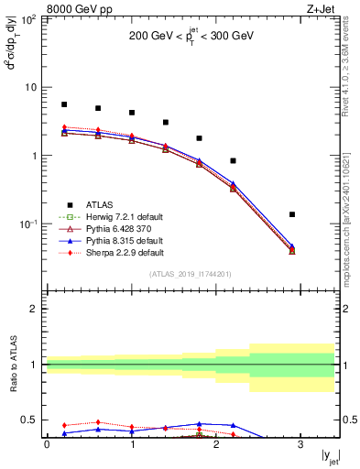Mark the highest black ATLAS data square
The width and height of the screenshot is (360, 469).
[64, 104]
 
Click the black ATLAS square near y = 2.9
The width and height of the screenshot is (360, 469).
[292, 214]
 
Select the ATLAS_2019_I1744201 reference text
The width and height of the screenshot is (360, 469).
[191, 274]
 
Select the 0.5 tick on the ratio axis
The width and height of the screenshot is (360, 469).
[30, 420]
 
